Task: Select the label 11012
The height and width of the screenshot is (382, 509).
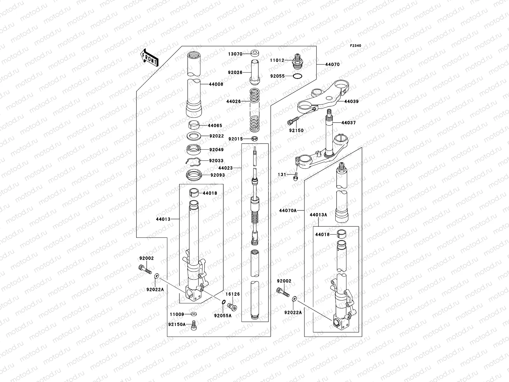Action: click(x=277, y=60)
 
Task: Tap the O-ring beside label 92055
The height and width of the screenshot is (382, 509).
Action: click(x=297, y=76)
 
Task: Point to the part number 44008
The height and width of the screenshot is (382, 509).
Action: click(x=216, y=84)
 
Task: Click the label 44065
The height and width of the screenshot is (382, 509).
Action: click(x=215, y=126)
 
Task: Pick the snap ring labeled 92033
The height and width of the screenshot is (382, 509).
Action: click(x=193, y=162)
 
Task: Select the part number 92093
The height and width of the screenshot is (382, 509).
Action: click(x=217, y=175)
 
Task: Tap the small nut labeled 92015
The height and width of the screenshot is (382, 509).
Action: click(x=254, y=139)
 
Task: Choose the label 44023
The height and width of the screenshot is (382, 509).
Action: click(x=225, y=168)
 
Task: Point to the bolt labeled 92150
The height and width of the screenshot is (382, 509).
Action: click(x=293, y=122)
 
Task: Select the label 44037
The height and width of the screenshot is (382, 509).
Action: click(x=348, y=123)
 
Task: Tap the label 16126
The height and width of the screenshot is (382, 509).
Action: click(x=233, y=294)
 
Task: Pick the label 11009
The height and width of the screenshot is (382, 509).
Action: click(x=177, y=315)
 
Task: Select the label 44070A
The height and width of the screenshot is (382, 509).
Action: click(x=288, y=210)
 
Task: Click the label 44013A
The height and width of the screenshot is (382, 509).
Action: click(x=318, y=215)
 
